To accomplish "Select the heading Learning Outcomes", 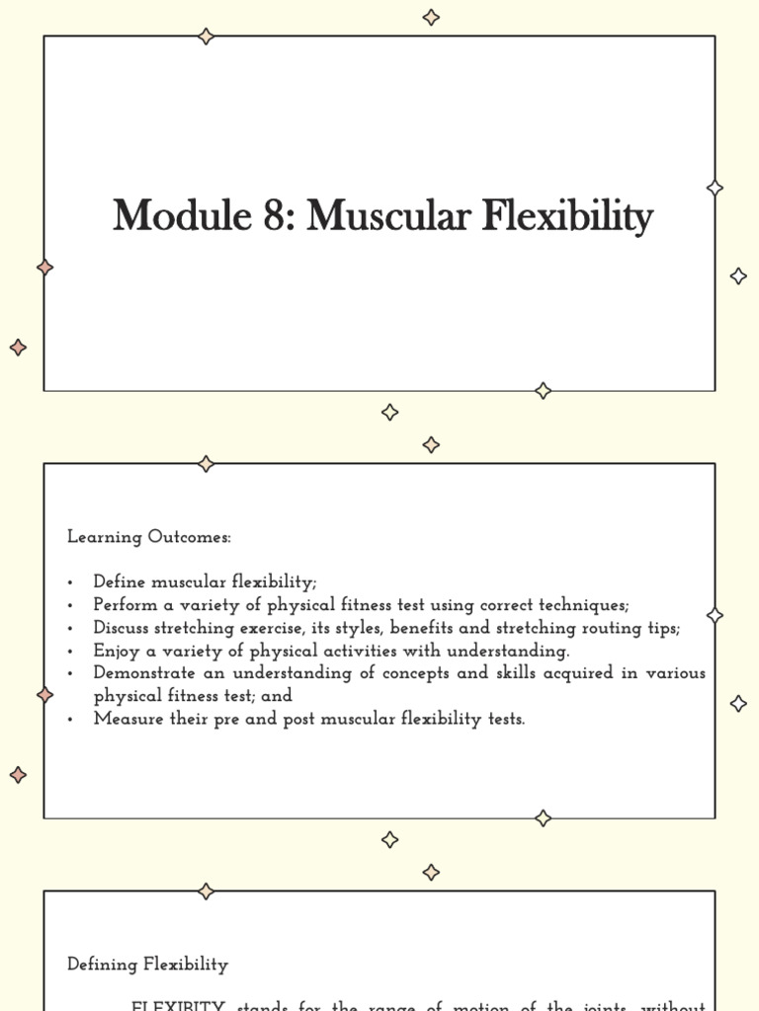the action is (x=149, y=537).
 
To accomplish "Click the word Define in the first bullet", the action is (x=120, y=582).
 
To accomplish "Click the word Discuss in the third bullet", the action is (x=124, y=627).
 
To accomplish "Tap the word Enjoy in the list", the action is (x=115, y=651).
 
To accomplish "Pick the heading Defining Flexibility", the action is (x=147, y=965).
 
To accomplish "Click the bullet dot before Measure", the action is (x=72, y=720).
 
